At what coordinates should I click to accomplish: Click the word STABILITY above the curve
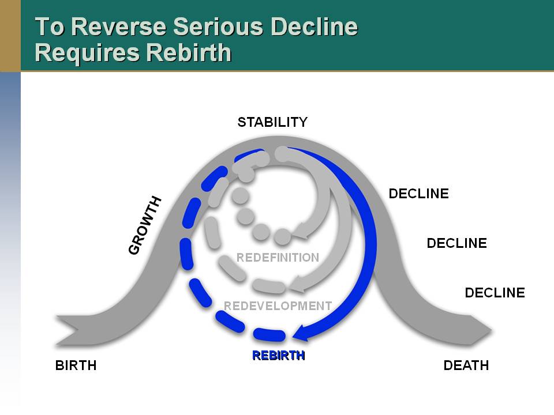point(272,122)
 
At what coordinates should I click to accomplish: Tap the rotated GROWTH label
point(144,225)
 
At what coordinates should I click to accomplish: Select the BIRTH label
point(76,365)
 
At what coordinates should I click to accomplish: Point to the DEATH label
point(466,365)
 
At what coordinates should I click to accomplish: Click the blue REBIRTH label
point(279,356)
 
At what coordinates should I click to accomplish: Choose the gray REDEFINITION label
point(278,258)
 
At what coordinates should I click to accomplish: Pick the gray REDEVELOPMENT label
point(278,305)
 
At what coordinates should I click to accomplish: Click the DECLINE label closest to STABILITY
point(419,194)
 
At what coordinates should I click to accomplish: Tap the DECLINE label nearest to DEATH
point(495,293)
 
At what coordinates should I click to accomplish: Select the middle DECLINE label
point(457,243)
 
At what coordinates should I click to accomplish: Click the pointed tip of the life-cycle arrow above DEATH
point(492,331)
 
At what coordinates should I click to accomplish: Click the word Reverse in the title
point(118,27)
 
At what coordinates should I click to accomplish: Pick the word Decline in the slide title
point(314,27)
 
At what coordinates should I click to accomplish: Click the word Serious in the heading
point(218,27)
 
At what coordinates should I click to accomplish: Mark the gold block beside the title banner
point(10,36)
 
